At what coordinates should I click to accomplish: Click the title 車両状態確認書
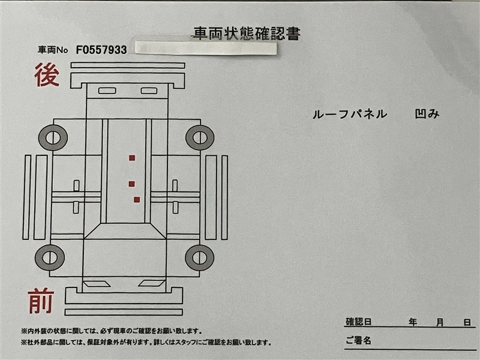pyautogui.click(x=247, y=34)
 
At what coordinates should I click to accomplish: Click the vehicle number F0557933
pyautogui.click(x=101, y=50)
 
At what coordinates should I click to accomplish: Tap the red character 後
pyautogui.click(x=47, y=74)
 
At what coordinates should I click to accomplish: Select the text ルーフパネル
pyautogui.click(x=350, y=114)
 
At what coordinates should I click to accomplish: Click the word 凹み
pyautogui.click(x=427, y=114)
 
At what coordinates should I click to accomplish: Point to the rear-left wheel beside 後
pyautogui.click(x=53, y=138)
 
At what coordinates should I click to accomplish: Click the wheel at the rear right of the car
pyautogui.click(x=200, y=137)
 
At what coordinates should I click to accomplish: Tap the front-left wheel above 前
pyautogui.click(x=50, y=257)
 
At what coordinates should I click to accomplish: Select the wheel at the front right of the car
pyautogui.click(x=199, y=257)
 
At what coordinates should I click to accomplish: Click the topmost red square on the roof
pyautogui.click(x=132, y=158)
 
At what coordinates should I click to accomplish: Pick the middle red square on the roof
pyautogui.click(x=131, y=184)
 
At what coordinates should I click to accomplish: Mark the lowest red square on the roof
pyautogui.click(x=137, y=200)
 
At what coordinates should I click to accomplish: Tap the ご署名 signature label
pyautogui.click(x=358, y=340)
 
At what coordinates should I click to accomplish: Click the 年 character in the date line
pyautogui.click(x=413, y=322)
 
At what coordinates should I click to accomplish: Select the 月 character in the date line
pyautogui.click(x=440, y=322)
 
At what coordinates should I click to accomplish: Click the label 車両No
pyautogui.click(x=53, y=50)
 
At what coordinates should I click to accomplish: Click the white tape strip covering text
pyautogui.click(x=206, y=48)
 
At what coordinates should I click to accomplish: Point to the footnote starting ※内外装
pyautogui.click(x=112, y=331)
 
